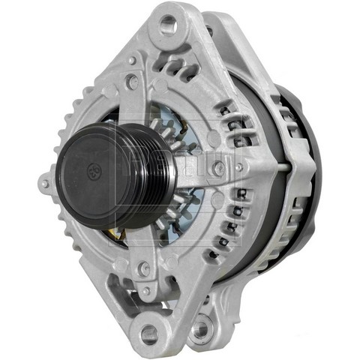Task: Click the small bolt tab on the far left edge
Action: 45,182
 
